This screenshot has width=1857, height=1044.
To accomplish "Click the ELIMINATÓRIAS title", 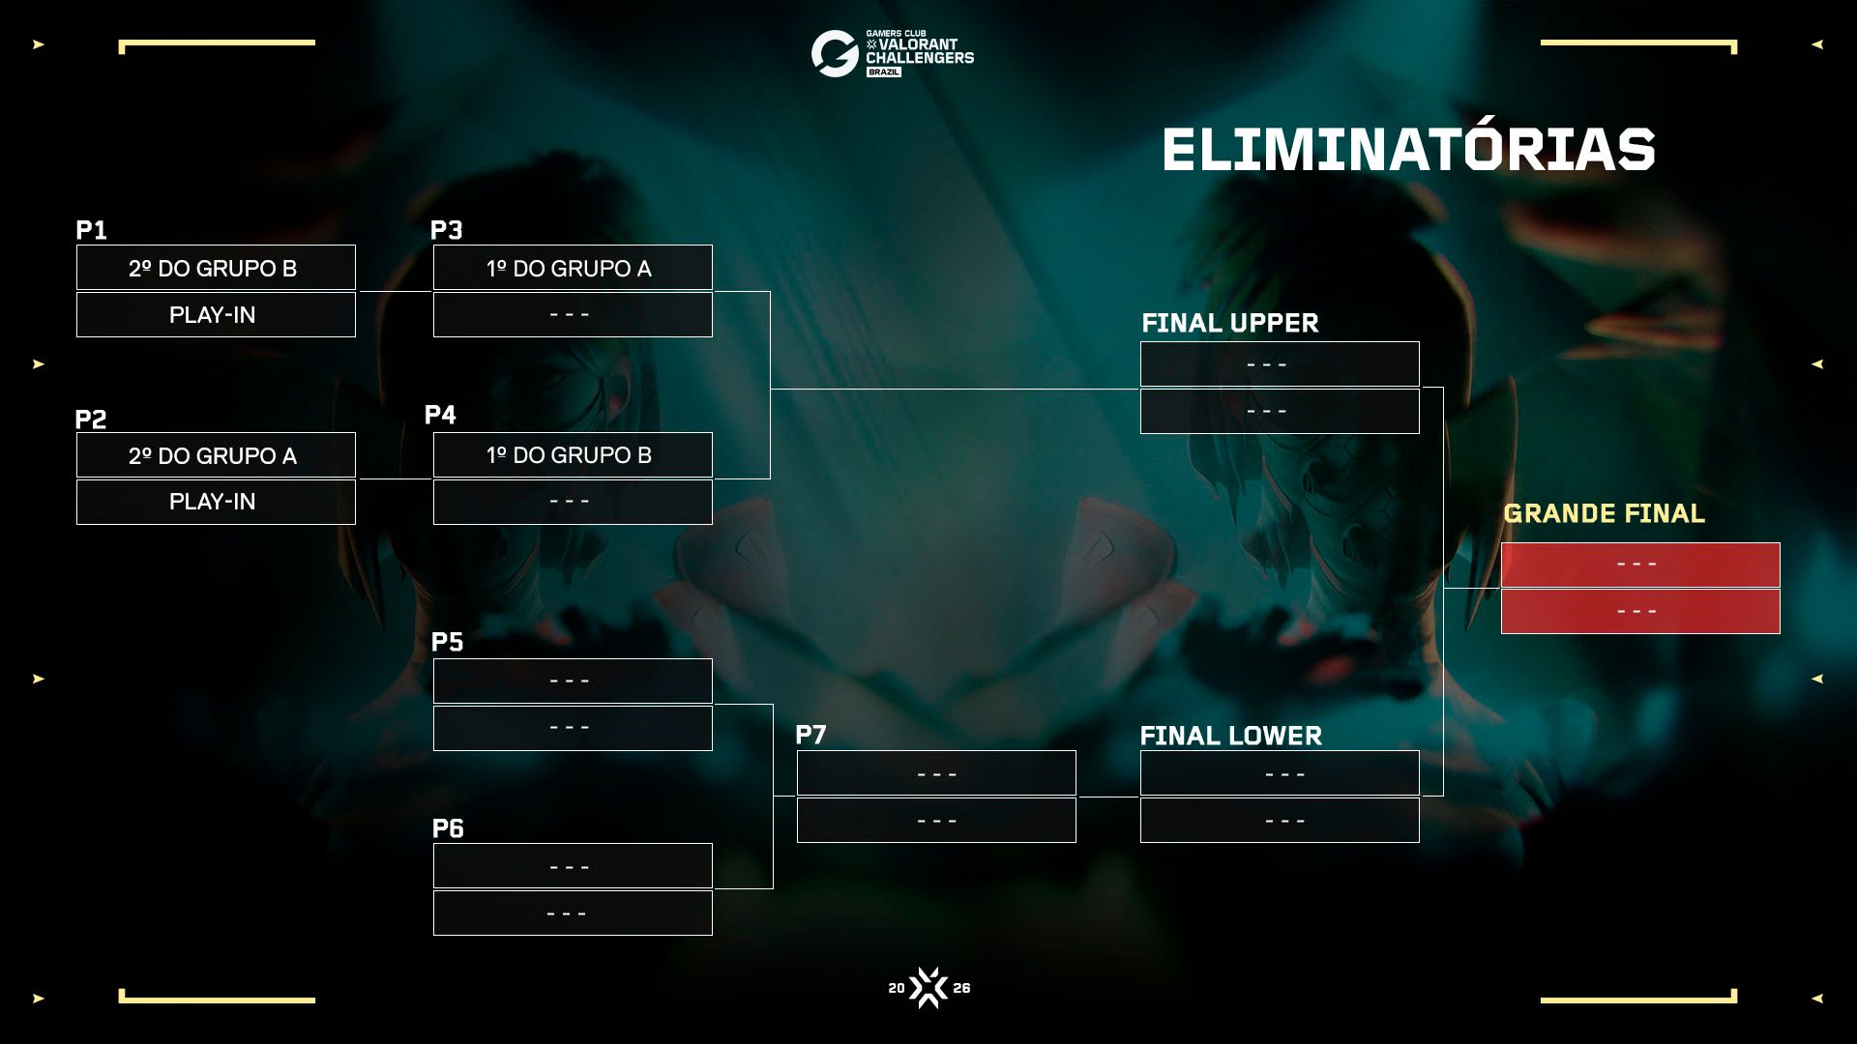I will pos(1408,150).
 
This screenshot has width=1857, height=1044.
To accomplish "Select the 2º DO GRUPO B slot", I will pos(216,268).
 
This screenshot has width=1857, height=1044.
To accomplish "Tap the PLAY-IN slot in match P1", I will pos(216,314).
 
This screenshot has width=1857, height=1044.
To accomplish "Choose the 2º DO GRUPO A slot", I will pos(216,455).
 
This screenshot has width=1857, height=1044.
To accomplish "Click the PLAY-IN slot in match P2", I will pos(216,502).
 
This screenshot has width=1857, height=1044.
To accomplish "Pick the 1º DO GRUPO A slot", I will pos(573,268).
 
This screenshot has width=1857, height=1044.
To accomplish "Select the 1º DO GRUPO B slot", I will pos(573,455).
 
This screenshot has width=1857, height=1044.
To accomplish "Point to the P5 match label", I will pos(447,642).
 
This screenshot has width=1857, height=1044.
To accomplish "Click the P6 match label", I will pos(448,828).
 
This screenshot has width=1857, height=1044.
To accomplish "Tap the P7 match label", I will pos(811,735).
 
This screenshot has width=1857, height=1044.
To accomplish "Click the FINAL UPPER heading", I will pos(1229,323).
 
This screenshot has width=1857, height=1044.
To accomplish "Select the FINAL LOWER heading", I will pos(1230,736).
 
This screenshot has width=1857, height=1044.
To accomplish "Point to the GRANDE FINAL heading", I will pos(1604,513).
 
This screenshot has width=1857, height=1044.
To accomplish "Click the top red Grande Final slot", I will pos(1640,565).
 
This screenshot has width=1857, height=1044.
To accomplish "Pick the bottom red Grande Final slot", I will pos(1640,611).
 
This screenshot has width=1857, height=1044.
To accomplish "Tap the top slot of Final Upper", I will pos(1280,364).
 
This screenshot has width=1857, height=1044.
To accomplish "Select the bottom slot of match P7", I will pos(936,821).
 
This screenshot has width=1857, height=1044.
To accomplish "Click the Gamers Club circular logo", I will pos(835,53).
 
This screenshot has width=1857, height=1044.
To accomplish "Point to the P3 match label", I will pos(446,230).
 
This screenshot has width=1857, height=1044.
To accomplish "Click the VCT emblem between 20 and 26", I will pos(928,988).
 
